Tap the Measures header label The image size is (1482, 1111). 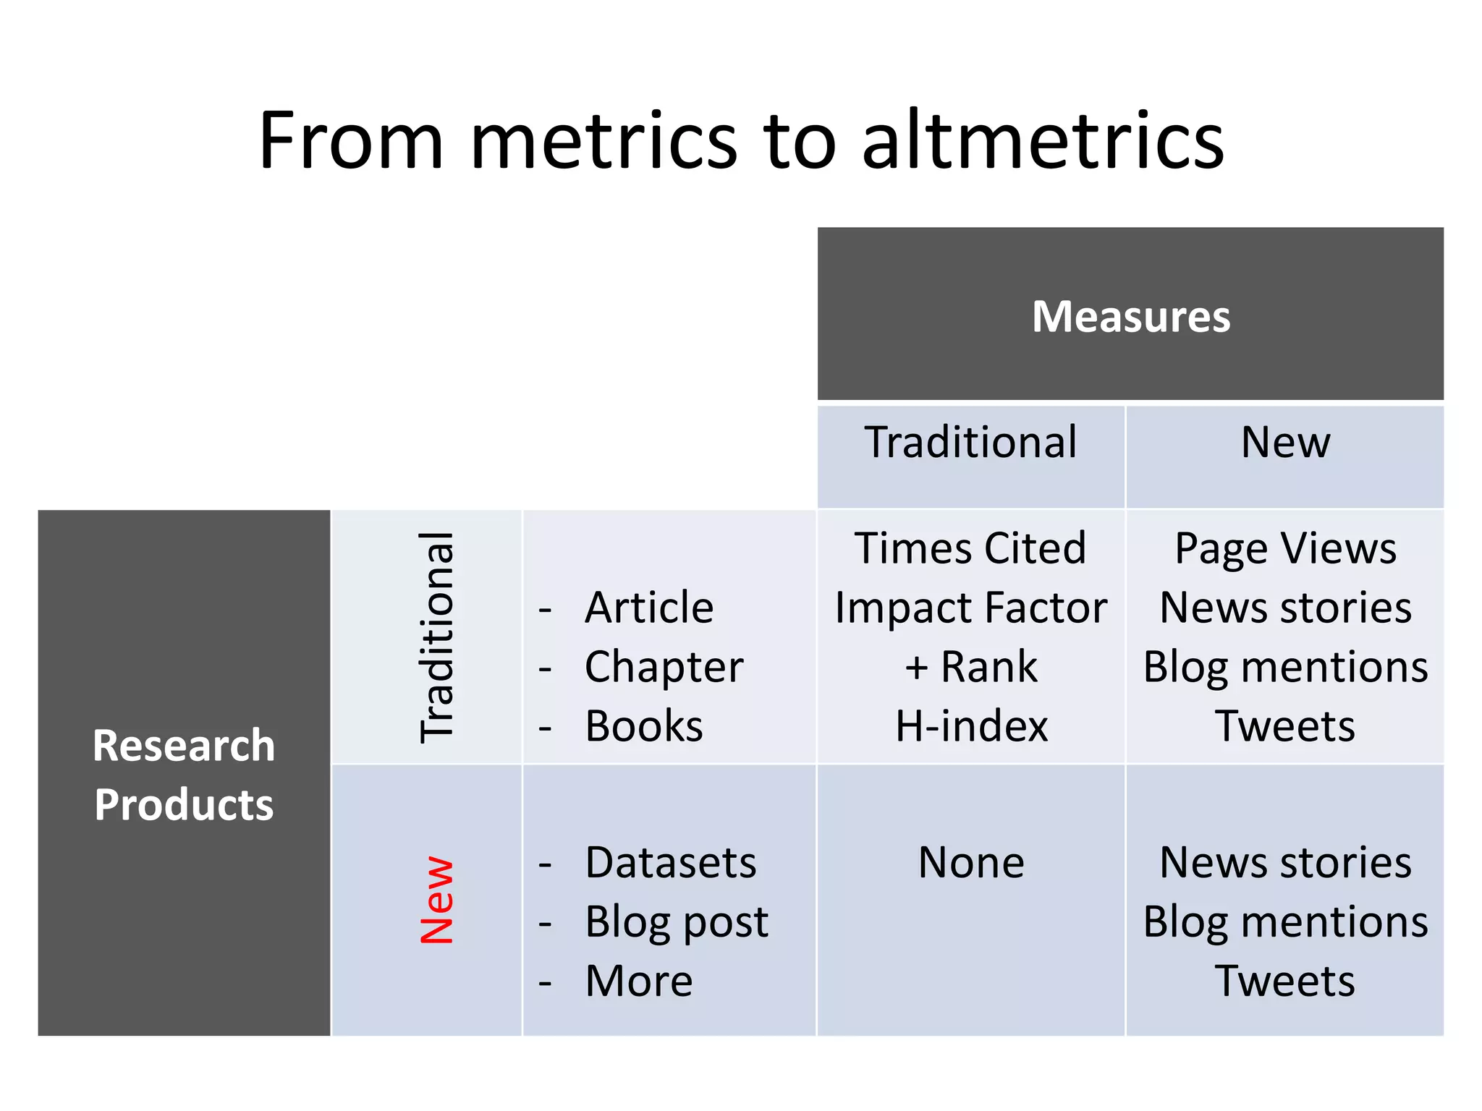pos(1130,317)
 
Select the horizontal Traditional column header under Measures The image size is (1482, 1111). pos(970,442)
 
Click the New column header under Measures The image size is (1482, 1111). pos(1285,442)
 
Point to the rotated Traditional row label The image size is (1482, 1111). pos(436,637)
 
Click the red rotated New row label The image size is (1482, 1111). pos(436,901)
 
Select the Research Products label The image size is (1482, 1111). pos(184,775)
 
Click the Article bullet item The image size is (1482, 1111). pos(649,607)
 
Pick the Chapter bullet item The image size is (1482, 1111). pos(664,666)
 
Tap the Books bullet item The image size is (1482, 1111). pos(644,725)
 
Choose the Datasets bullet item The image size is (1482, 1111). pos(671,862)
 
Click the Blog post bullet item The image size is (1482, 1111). pos(677,922)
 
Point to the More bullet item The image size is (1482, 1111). pos(639,982)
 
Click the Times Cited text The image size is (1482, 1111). pos(970,548)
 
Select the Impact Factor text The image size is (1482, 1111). pos(970,607)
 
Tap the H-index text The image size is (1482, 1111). pos(971,725)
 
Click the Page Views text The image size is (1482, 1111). pos(1285,548)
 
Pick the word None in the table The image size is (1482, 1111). pos(971,862)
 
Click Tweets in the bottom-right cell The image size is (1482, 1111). pos(1285,982)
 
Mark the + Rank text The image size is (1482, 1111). pos(971,666)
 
